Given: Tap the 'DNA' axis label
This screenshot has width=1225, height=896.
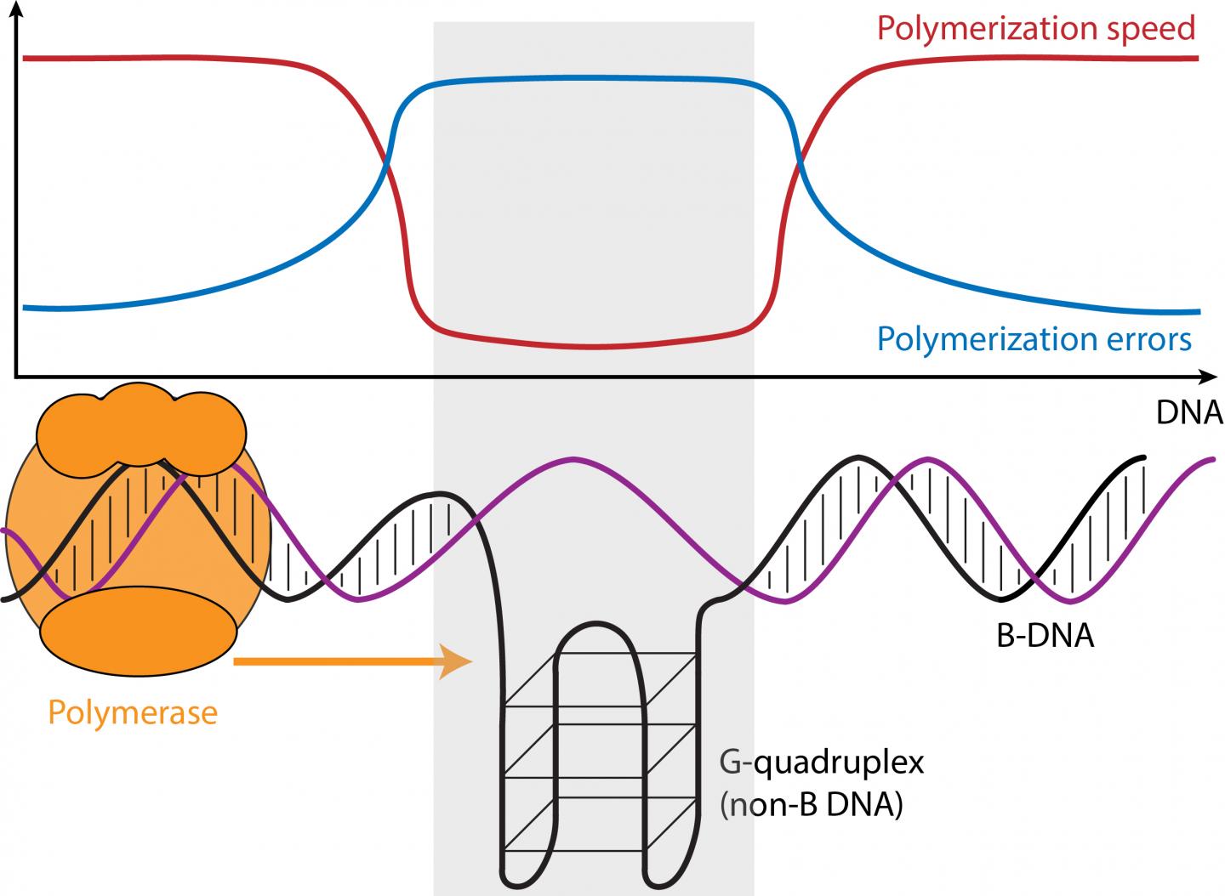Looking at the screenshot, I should [x=1188, y=412].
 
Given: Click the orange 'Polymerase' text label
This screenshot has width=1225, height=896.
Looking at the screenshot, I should [x=133, y=712].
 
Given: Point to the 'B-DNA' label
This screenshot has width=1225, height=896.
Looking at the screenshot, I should [x=1045, y=636].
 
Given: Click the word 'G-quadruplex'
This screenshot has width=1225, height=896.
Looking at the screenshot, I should [x=822, y=763].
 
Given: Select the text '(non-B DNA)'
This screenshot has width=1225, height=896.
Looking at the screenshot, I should [x=810, y=804].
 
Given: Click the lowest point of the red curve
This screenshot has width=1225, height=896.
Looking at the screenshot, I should [x=594, y=347].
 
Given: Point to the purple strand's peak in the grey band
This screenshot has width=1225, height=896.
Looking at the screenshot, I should [x=573, y=460].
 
